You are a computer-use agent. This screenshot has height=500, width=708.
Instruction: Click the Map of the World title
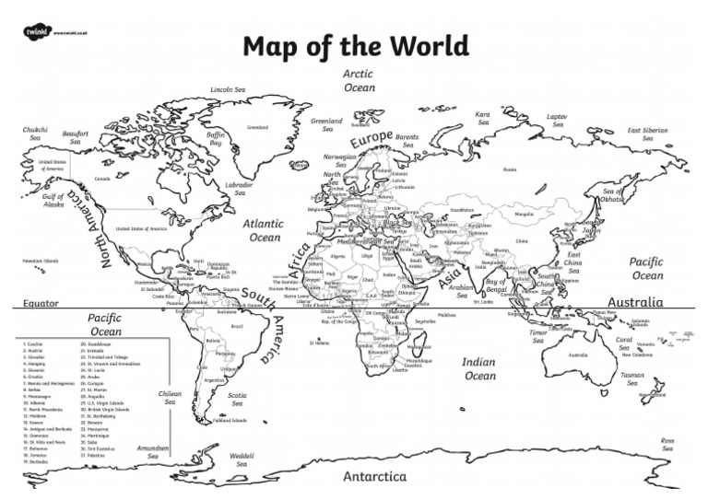click(x=355, y=46)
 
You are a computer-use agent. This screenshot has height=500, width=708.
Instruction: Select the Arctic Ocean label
click(x=359, y=80)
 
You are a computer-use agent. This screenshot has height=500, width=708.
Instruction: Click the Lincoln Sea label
click(x=228, y=89)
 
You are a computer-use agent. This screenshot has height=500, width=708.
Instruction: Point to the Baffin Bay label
click(x=216, y=138)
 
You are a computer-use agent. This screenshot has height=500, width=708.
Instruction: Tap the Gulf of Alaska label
click(x=53, y=200)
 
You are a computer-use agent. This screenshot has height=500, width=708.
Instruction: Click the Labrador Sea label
click(x=240, y=188)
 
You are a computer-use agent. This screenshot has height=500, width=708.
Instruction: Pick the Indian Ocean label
click(x=479, y=368)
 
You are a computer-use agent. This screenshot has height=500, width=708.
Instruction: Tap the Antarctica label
click(x=374, y=477)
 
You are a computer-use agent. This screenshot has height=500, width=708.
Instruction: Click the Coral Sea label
click(x=623, y=343)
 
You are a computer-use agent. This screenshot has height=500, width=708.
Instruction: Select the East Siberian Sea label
click(x=647, y=134)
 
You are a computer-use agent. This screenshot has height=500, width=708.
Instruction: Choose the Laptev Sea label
click(x=557, y=122)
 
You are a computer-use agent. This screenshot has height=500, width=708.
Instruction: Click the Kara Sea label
click(x=482, y=119)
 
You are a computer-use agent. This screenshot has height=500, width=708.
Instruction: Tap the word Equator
click(x=40, y=301)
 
